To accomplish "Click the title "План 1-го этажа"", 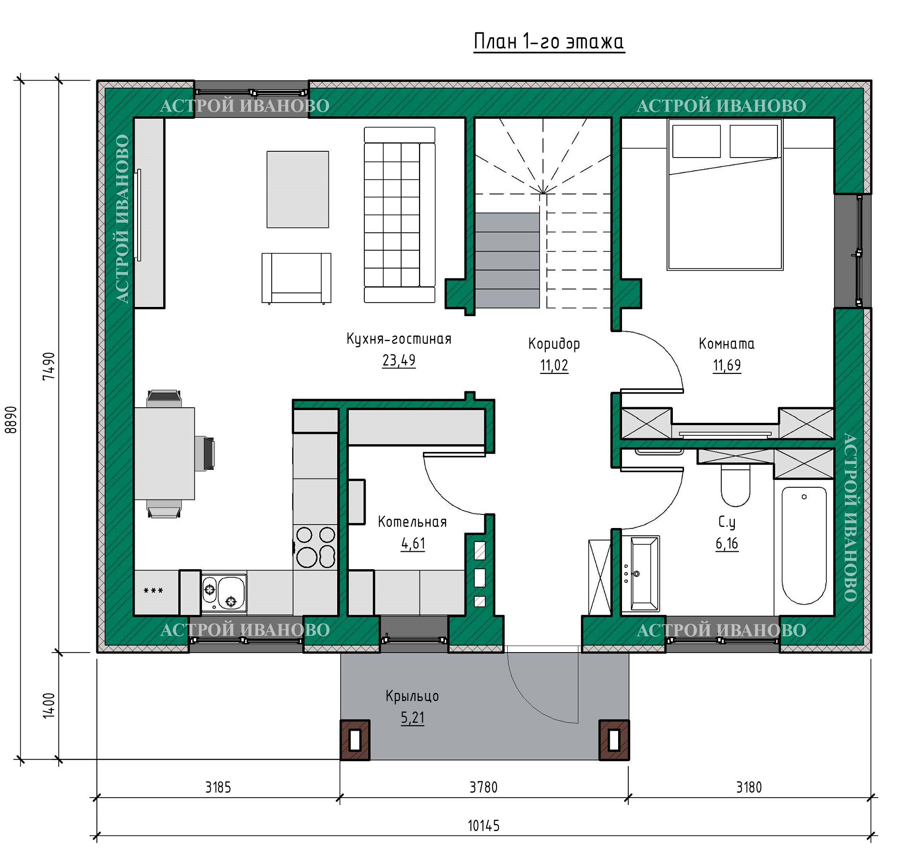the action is tap(549, 42).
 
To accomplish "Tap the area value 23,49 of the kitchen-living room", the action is tap(399, 360).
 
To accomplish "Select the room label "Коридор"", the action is tap(554, 344).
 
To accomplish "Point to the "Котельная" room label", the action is tap(412, 522).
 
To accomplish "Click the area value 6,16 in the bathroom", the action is tap(727, 544).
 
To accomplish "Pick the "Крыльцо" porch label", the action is tap(412, 696).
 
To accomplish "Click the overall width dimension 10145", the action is tap(483, 826).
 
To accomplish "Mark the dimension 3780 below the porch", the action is tap(483, 787).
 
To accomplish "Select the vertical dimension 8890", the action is tap(11, 419).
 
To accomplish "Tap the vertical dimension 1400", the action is tap(49, 705).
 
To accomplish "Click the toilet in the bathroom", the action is tap(735, 485).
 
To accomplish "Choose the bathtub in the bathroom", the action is tap(804, 545).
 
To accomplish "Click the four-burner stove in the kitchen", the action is tap(315, 547).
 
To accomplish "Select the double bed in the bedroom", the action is tap(725, 194).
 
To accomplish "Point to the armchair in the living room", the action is tap(296, 278).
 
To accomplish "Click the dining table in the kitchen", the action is tap(164, 453).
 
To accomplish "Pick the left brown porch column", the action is tap(355, 740).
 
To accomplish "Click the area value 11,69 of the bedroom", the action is tap(727, 365).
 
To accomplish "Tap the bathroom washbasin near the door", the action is tap(640, 574).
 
